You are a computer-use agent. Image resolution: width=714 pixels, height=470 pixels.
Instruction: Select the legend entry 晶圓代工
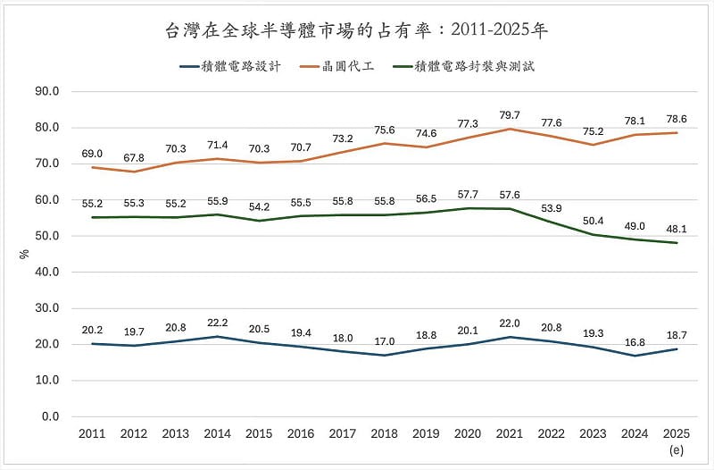(x=355, y=66)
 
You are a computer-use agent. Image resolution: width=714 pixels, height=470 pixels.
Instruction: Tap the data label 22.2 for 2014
(x=218, y=322)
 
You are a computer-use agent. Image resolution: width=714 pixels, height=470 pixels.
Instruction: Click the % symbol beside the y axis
(x=24, y=254)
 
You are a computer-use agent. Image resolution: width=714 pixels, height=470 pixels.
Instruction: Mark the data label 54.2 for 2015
(x=260, y=206)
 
